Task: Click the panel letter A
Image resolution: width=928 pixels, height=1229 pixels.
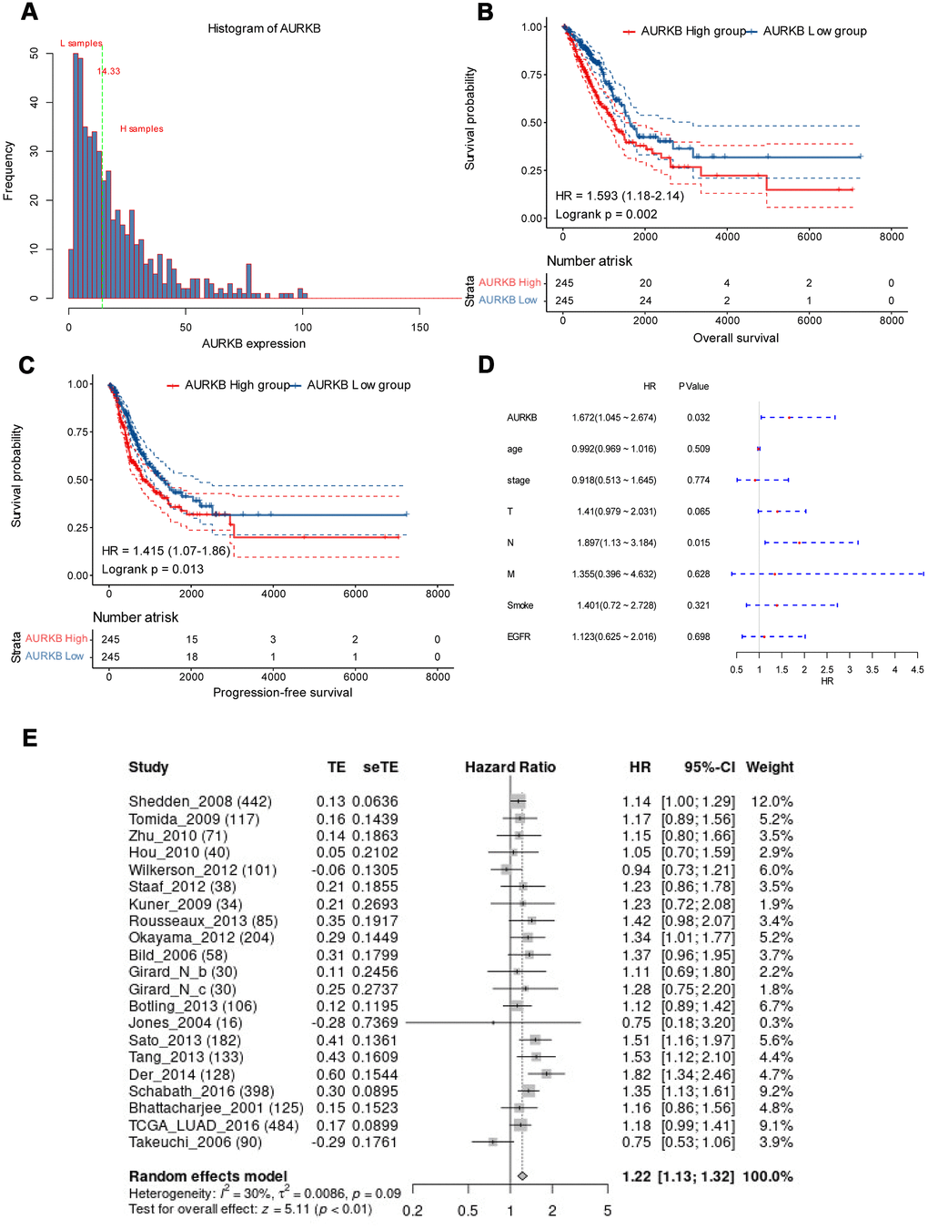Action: [29, 12]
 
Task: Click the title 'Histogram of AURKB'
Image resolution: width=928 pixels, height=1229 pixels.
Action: [264, 28]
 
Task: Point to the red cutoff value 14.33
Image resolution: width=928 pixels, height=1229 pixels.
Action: [108, 71]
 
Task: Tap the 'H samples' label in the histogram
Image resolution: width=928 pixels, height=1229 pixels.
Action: [142, 129]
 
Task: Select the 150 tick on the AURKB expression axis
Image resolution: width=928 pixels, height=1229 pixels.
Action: [419, 327]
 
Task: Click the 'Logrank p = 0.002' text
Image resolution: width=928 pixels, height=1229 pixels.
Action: [606, 214]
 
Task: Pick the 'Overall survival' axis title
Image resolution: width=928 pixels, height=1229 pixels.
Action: [735, 338]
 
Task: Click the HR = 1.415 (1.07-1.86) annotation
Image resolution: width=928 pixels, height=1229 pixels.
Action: [166, 551]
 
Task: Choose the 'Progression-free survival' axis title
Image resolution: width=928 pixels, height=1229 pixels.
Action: [282, 693]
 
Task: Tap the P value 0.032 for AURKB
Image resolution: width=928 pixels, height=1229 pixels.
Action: [698, 418]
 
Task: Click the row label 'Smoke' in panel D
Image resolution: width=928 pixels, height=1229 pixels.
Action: [519, 605]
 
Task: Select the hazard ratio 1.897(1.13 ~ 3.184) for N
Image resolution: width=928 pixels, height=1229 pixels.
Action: [616, 543]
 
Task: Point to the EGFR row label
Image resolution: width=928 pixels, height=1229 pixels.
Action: [519, 637]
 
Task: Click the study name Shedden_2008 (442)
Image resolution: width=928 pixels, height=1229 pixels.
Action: [200, 802]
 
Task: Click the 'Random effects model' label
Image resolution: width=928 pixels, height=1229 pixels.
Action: [207, 1176]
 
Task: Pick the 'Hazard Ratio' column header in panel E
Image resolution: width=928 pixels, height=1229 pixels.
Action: [509, 767]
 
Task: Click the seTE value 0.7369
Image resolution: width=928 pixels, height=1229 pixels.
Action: [375, 1023]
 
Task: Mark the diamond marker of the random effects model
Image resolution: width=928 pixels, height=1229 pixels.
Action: [522, 1176]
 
